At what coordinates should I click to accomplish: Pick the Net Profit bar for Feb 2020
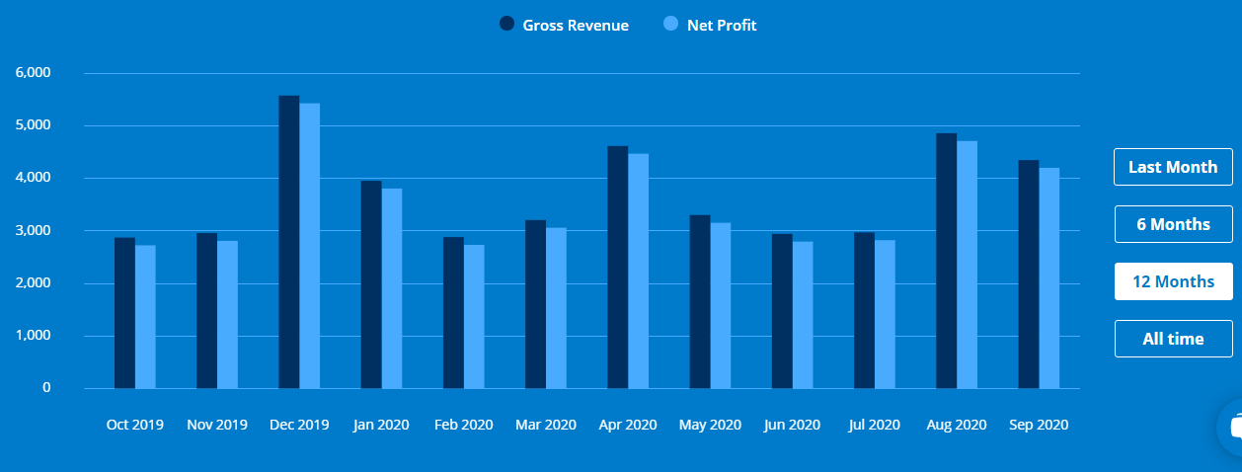(x=474, y=316)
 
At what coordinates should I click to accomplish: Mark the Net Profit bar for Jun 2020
(x=803, y=315)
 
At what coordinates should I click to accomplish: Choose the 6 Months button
(x=1173, y=224)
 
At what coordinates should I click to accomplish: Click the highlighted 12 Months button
(x=1173, y=281)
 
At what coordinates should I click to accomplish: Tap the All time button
(x=1173, y=339)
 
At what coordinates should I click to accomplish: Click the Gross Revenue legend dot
(x=507, y=25)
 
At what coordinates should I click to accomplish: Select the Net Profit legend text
(x=722, y=26)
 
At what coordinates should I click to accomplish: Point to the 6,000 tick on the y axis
(x=33, y=73)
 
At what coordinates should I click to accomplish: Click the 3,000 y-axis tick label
(x=33, y=230)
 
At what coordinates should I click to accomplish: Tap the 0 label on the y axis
(x=45, y=388)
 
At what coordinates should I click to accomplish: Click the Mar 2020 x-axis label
(x=546, y=425)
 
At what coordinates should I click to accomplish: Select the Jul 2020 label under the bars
(x=874, y=425)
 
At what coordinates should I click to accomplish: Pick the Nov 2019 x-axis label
(x=217, y=425)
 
